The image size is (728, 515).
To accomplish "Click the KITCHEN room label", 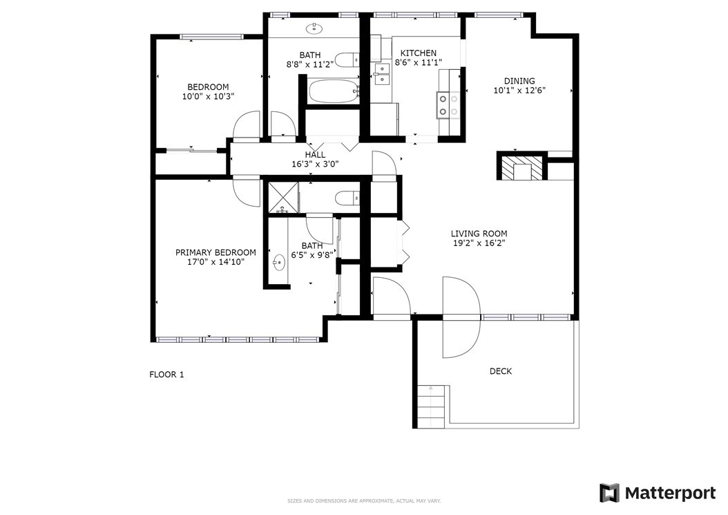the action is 419,53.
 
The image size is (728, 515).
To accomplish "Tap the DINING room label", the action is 519,81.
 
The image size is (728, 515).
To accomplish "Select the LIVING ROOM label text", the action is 479,234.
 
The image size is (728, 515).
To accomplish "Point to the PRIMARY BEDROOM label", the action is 215,252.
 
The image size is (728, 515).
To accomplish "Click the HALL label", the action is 315,155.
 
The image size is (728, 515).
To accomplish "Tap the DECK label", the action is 501,371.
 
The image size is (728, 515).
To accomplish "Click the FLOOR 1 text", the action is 166,375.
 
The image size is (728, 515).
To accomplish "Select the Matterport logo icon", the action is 610,493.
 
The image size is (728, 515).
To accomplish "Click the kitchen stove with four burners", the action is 448,105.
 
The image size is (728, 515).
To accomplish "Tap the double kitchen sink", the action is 382,75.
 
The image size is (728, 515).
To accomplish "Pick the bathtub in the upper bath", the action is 334,91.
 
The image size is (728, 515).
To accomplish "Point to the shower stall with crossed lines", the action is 282,198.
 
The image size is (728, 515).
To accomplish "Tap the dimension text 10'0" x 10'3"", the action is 208,97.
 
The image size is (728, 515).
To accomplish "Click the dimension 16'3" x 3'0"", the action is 315,164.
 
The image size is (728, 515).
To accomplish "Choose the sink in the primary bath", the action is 278,263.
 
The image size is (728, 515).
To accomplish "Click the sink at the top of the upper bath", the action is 314,28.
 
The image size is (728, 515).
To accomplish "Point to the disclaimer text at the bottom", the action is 364,501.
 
